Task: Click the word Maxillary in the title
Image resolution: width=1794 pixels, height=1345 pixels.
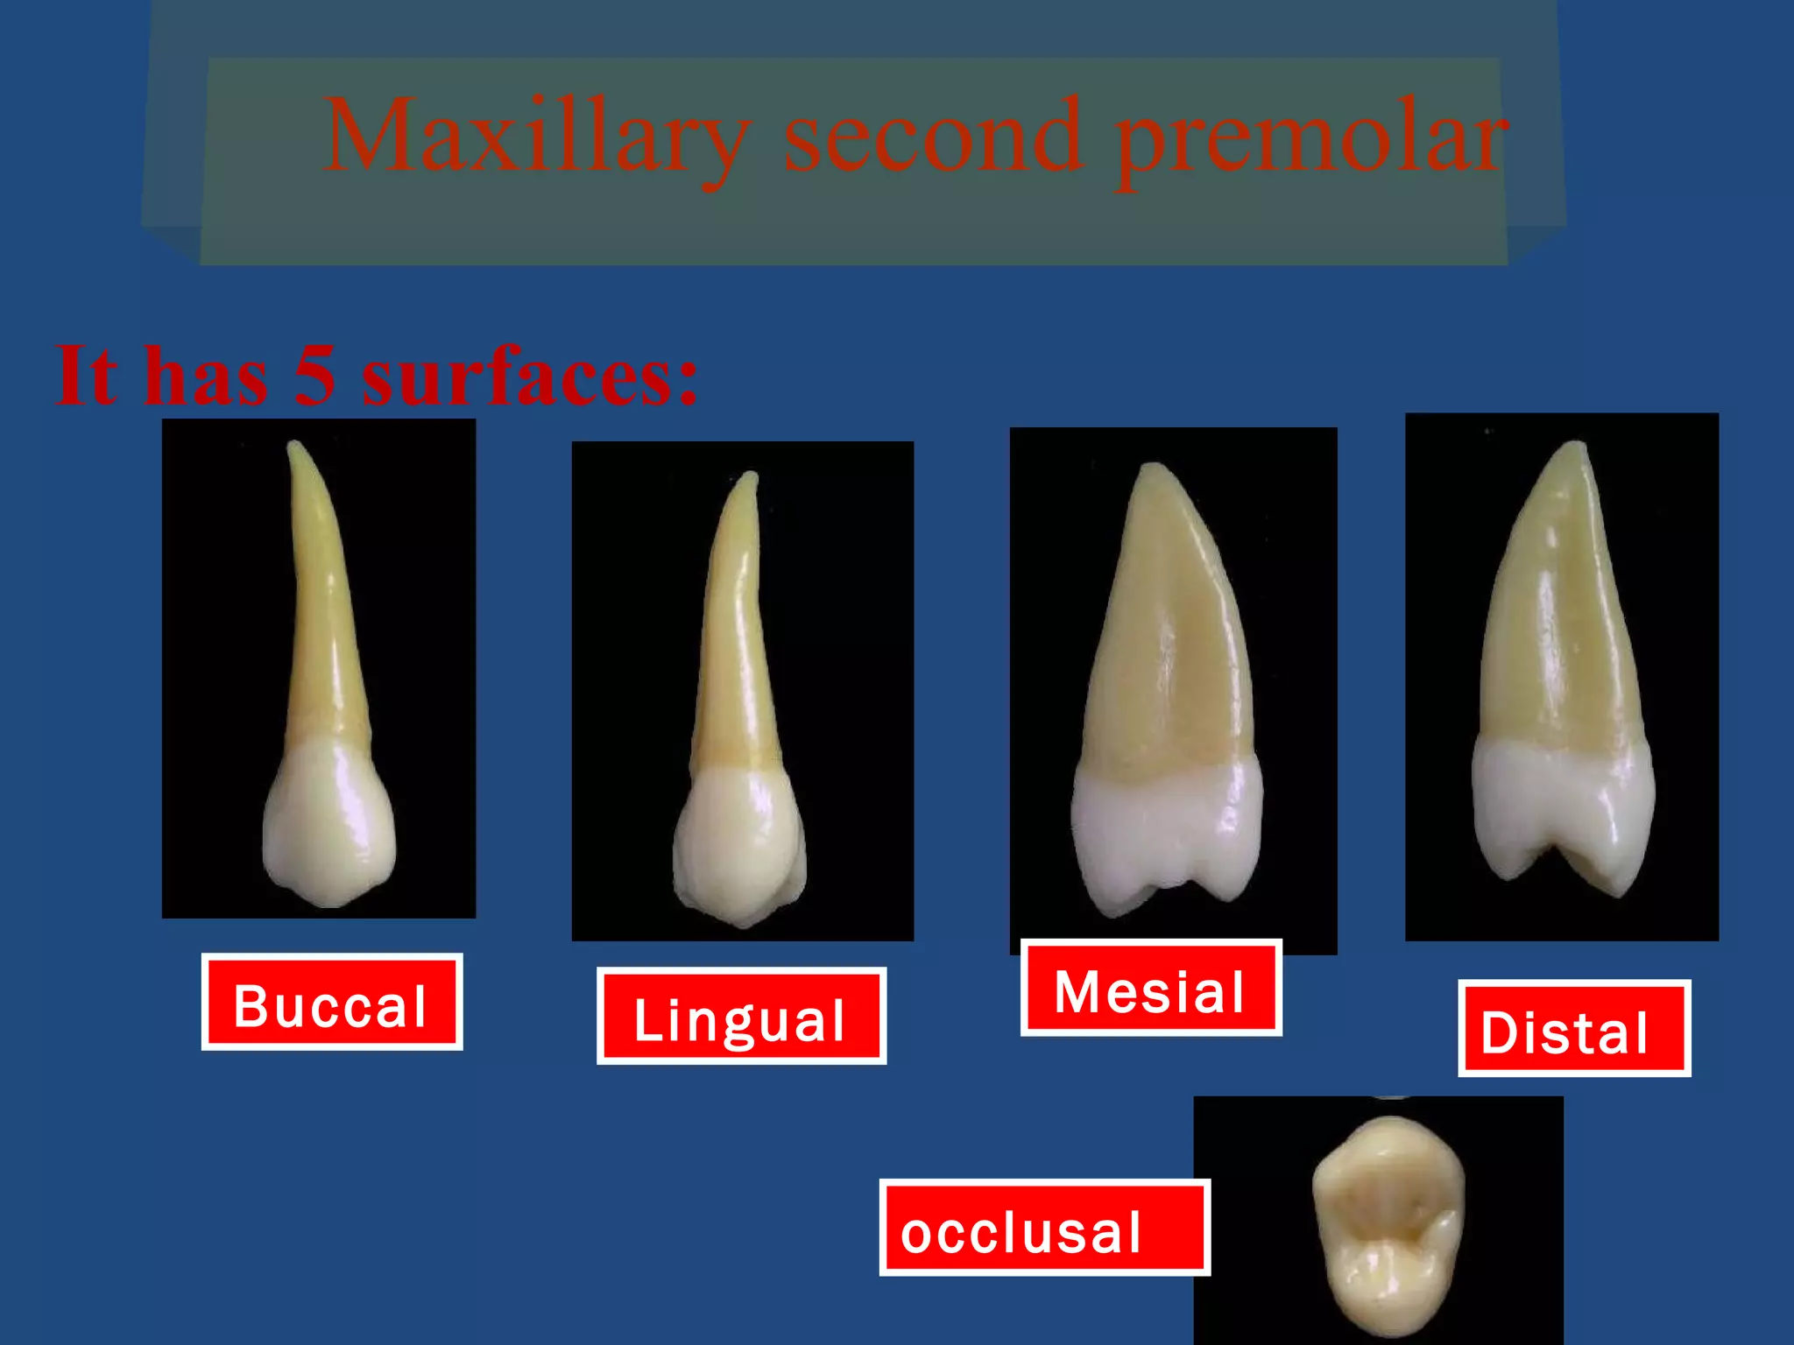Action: pyautogui.click(x=536, y=138)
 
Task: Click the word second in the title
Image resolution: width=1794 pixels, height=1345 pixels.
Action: pyautogui.click(x=933, y=138)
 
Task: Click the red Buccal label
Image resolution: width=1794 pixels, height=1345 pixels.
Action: pyautogui.click(x=331, y=1003)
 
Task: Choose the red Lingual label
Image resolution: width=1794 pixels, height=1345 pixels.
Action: pyautogui.click(x=741, y=1017)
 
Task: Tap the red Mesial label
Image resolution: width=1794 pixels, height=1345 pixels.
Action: pyautogui.click(x=1150, y=989)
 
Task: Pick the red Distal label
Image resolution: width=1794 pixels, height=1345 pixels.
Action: pyautogui.click(x=1573, y=1029)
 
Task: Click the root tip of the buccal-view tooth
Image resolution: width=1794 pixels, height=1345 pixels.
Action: pyautogui.click(x=295, y=447)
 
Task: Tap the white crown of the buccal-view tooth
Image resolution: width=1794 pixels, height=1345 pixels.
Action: pyautogui.click(x=328, y=823)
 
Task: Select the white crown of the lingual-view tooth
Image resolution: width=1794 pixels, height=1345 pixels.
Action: pyautogui.click(x=738, y=841)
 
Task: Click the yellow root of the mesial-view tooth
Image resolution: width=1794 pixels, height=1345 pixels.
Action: pyautogui.click(x=1165, y=630)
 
